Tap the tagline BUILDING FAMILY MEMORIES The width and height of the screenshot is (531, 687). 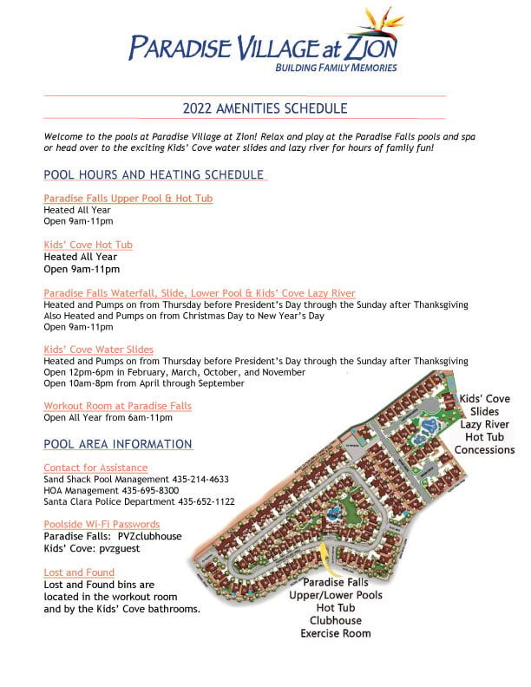[336, 68]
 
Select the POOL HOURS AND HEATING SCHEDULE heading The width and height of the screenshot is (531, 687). [154, 174]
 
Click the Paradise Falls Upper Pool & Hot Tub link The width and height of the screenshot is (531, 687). [128, 199]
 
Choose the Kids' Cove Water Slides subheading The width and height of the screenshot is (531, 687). [99, 350]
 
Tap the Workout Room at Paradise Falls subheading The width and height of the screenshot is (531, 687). [117, 406]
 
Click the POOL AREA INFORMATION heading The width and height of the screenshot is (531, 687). [118, 444]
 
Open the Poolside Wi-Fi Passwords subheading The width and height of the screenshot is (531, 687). [102, 525]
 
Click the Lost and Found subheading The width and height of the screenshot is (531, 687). [79, 572]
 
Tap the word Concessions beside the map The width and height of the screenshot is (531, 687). [485, 449]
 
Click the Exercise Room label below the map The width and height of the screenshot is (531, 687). [336, 633]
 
